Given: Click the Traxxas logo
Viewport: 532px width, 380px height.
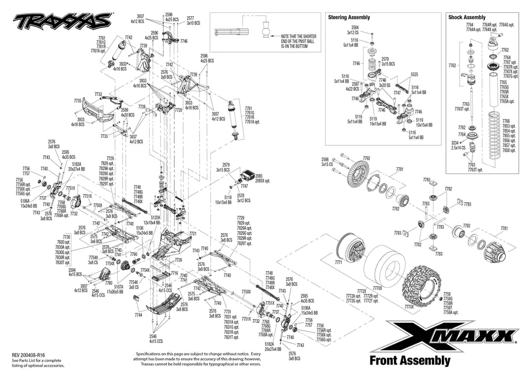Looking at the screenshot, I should [62, 21].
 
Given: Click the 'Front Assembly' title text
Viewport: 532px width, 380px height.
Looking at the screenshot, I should [410, 361].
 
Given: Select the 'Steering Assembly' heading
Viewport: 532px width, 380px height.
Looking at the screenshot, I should [349, 17].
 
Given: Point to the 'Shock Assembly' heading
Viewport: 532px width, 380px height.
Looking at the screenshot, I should [466, 17].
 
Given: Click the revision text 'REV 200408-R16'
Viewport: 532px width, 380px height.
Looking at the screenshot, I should [29, 355].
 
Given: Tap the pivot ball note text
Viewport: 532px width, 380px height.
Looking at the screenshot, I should [299, 41].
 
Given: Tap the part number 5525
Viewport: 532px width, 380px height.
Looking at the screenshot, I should [414, 74].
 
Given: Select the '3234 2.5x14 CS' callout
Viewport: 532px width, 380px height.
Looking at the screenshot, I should [458, 145].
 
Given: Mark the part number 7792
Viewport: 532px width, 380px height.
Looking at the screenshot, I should [366, 158].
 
